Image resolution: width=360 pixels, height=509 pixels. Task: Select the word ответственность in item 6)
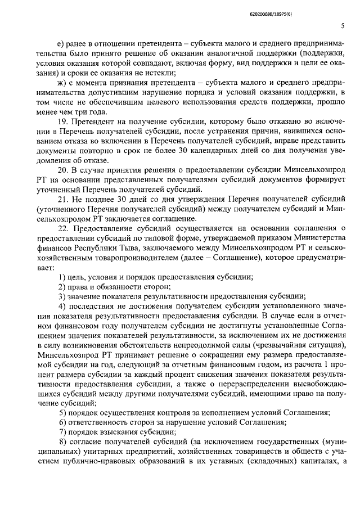(101, 423)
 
